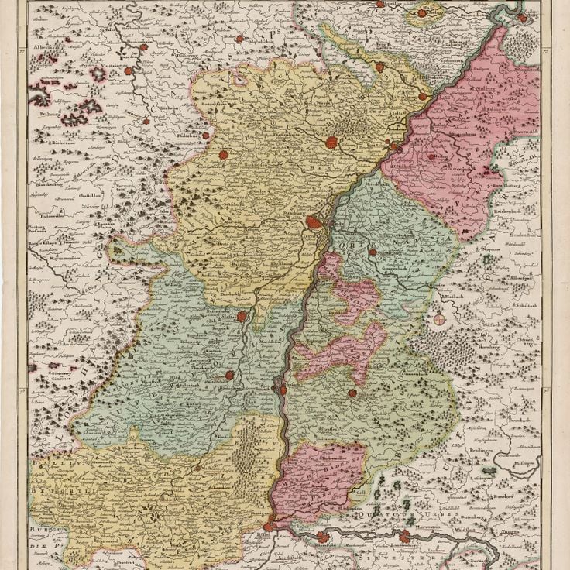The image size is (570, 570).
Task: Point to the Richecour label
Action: (49, 143)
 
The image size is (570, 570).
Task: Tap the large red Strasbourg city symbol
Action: (315, 222)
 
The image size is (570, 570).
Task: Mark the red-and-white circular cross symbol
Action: (439, 318)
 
